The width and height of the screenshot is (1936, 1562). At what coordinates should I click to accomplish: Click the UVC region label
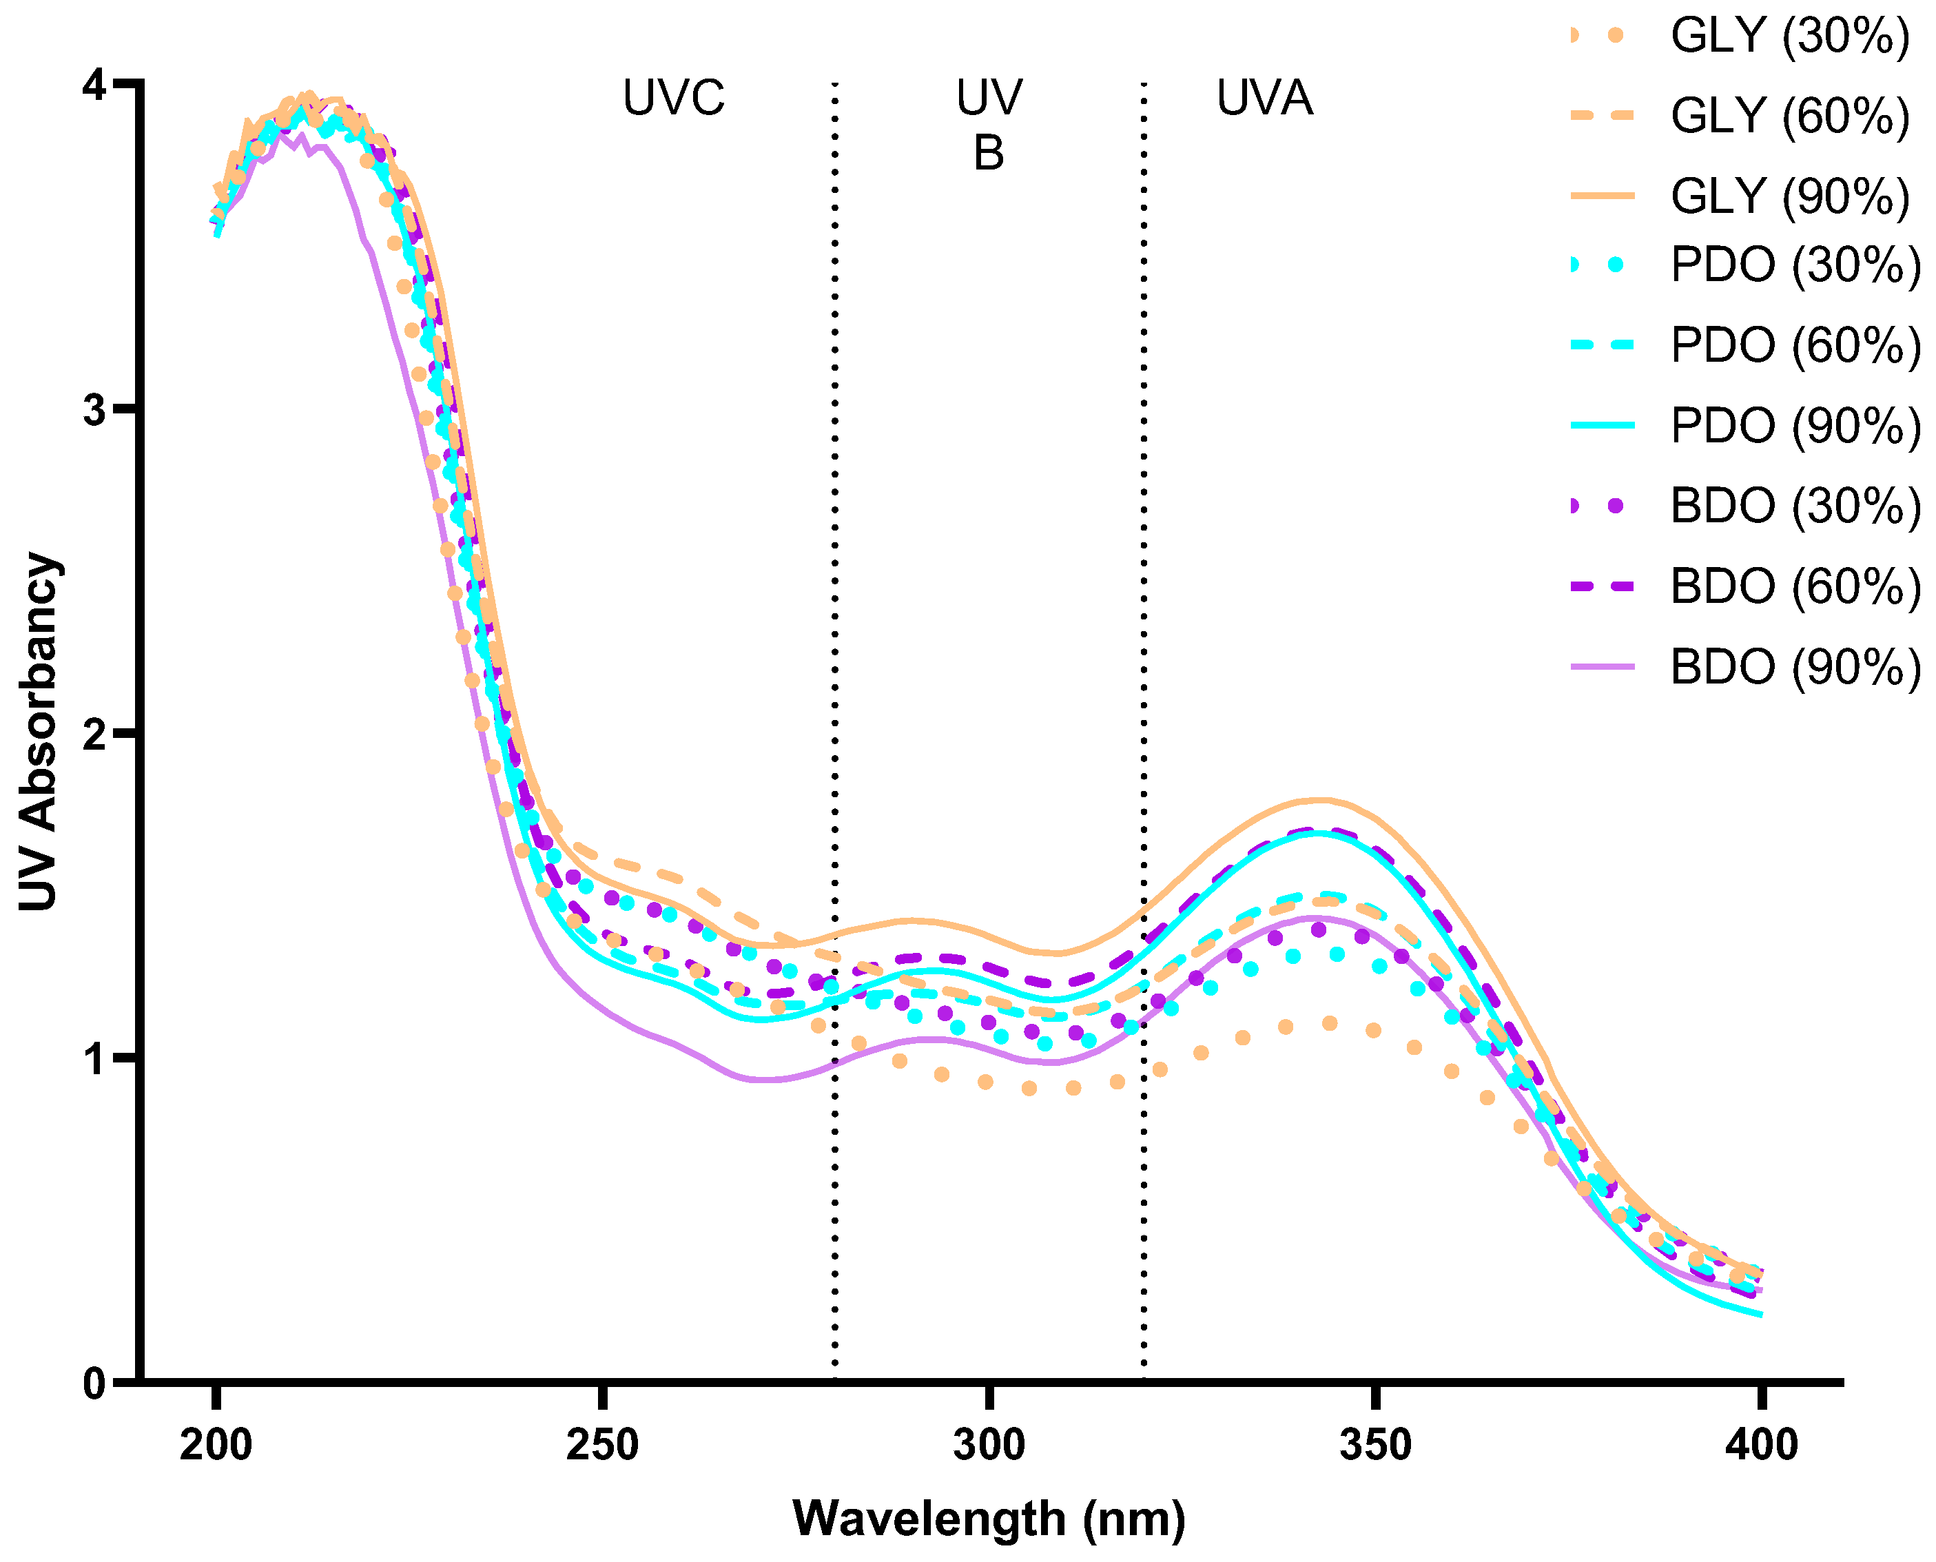(x=673, y=98)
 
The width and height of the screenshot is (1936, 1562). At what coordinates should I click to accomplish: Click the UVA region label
(x=1264, y=98)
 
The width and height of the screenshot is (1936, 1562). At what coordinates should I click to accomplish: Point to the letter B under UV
(x=988, y=154)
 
